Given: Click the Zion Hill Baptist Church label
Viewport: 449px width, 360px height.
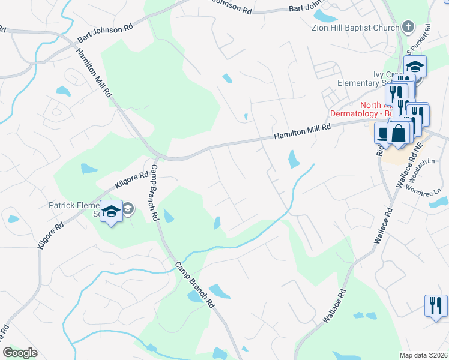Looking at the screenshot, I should pos(355,28).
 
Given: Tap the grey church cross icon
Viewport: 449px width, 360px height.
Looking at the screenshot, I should pos(408,27).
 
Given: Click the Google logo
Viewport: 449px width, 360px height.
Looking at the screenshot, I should pos(20,353).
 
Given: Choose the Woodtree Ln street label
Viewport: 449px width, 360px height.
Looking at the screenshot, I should pos(423,189).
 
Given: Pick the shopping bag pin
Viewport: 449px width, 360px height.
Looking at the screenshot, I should pos(399,133).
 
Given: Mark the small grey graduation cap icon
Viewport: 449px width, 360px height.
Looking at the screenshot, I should pos(128,208).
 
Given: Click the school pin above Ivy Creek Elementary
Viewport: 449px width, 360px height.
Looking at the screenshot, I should pos(415,66).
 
